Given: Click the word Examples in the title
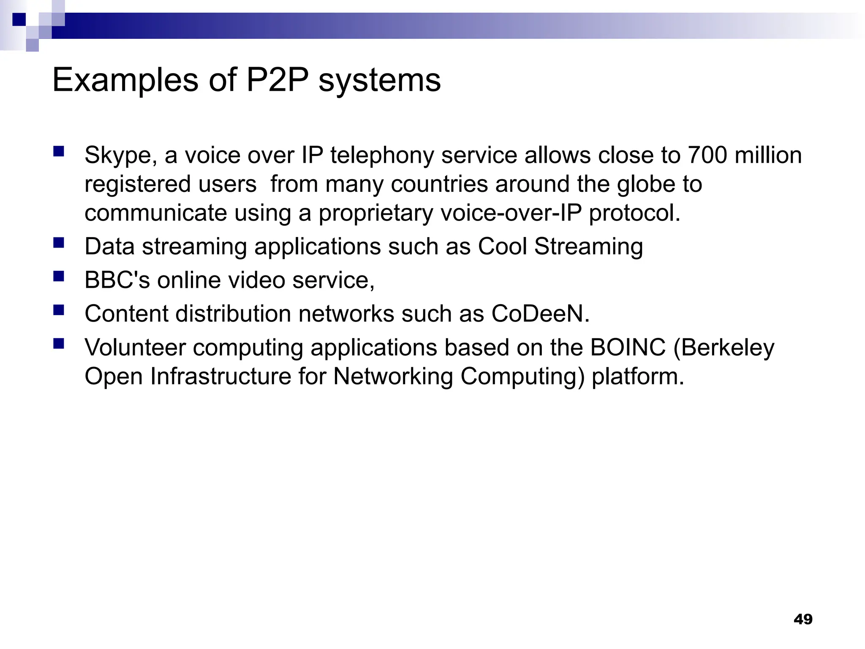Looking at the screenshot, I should click(x=125, y=80).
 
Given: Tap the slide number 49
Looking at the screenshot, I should click(x=803, y=619).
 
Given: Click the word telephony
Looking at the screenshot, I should click(x=382, y=155).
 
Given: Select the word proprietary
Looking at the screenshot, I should click(x=375, y=213).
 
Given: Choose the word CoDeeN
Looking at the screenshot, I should click(x=540, y=314).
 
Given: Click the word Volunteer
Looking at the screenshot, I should click(x=135, y=347).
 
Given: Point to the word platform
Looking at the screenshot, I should click(x=637, y=377).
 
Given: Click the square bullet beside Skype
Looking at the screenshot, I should click(x=59, y=151).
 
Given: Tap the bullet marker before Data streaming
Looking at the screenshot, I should click(x=59, y=243).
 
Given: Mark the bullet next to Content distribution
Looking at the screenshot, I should click(x=59, y=310).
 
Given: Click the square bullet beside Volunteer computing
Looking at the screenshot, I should click(x=59, y=344).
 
